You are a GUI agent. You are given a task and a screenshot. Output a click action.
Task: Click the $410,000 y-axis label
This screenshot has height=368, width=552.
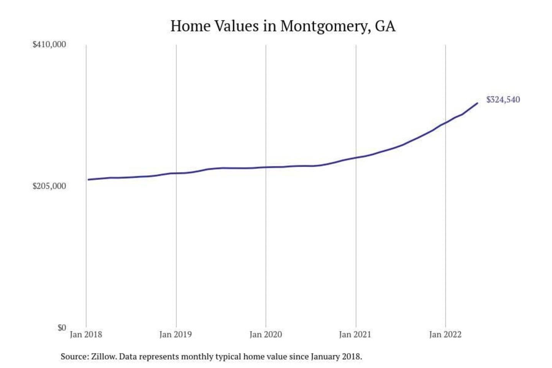click(x=49, y=44)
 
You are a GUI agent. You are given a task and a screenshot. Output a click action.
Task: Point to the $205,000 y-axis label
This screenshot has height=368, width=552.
click(x=49, y=186)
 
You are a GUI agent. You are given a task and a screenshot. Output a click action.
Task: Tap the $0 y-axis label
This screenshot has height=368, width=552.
click(x=62, y=328)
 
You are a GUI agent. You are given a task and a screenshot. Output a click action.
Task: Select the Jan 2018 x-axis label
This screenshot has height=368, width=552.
click(x=86, y=335)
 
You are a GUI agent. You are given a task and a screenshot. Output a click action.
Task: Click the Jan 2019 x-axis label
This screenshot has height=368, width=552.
click(x=176, y=335)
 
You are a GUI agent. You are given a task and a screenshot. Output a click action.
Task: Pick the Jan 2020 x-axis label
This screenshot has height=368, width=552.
click(x=266, y=335)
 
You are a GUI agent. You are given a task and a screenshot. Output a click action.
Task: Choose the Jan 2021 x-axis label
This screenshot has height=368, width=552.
click(x=355, y=335)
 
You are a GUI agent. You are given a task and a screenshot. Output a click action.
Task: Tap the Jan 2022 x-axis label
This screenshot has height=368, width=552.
click(x=445, y=335)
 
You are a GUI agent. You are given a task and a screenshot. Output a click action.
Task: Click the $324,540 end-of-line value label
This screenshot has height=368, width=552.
click(x=503, y=100)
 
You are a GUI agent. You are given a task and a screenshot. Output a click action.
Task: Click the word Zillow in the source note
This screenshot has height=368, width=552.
click(x=103, y=356)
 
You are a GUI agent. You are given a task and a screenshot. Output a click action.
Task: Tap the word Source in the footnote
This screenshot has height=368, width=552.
click(x=74, y=356)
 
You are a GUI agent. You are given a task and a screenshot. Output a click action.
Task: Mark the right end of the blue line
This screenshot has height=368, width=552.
click(x=477, y=103)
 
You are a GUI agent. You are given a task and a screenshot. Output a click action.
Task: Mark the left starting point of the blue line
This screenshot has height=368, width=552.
click(x=88, y=179)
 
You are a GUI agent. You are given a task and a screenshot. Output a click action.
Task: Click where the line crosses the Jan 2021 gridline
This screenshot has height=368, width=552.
click(x=356, y=158)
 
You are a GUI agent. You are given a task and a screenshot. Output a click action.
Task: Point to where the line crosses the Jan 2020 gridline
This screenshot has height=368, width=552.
click(x=266, y=167)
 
